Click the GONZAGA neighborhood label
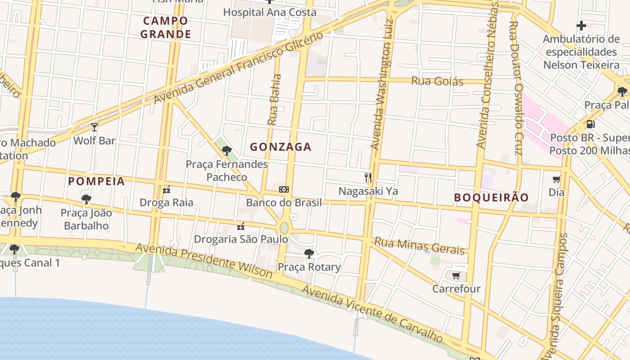[x=280, y=147]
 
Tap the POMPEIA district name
[x=96, y=181]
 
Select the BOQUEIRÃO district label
[x=491, y=198]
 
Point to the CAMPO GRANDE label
[x=166, y=27]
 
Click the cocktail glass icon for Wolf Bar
[x=94, y=127]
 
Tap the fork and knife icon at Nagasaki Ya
[x=368, y=177]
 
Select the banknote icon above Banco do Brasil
[x=284, y=189]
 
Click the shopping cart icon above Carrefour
[x=456, y=275]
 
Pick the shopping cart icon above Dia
[x=557, y=179]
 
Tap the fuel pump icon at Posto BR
[x=590, y=124]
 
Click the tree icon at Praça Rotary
[x=309, y=253]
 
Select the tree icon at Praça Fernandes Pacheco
[x=227, y=151]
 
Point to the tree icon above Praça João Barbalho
[x=86, y=199]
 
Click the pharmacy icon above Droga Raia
[x=166, y=189]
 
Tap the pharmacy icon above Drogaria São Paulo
[x=241, y=226]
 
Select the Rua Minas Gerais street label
[x=419, y=246]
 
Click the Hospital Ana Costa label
[x=270, y=12]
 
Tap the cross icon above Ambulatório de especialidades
[x=581, y=26]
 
